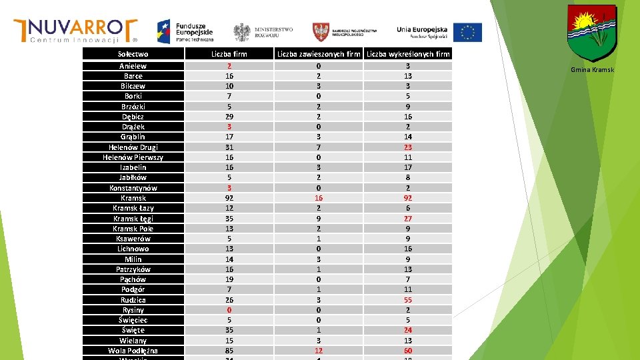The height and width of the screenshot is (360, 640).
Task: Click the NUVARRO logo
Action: pos(75,30)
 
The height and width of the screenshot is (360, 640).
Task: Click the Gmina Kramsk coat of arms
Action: pos(591,33)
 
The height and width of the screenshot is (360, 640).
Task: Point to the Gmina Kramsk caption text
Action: pos(592,70)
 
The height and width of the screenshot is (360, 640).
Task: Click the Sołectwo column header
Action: pos(133,54)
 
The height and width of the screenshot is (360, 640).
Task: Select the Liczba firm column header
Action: pos(229,54)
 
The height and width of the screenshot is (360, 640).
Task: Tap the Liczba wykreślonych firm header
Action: pos(408,54)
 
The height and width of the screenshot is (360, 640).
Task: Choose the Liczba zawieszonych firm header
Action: pos(319,54)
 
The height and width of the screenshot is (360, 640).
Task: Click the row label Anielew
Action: pos(133,66)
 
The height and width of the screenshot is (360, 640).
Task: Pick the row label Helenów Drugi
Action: pos(133,147)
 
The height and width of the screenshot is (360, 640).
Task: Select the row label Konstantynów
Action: pos(133,188)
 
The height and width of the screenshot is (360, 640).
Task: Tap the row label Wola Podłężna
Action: pos(133,351)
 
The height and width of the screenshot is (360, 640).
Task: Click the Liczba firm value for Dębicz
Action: pos(229,117)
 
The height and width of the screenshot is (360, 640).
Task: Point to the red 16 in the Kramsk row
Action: pos(319,198)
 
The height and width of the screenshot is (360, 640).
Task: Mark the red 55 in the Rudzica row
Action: pos(408,300)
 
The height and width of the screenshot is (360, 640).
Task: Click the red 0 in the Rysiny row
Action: pos(229,310)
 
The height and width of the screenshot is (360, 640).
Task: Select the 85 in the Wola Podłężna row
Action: pos(229,351)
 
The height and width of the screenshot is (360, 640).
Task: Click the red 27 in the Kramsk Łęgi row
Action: pos(408,219)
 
